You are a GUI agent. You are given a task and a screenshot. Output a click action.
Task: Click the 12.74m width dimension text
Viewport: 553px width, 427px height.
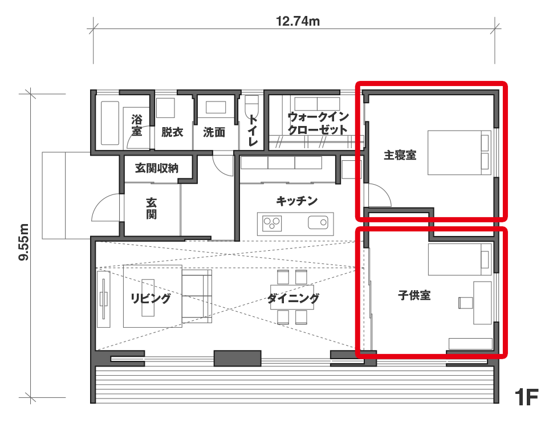tap(298, 21)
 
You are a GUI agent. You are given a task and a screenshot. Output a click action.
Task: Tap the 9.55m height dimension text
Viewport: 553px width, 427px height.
tap(23, 242)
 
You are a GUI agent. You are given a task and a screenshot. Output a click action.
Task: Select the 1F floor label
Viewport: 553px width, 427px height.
tap(527, 397)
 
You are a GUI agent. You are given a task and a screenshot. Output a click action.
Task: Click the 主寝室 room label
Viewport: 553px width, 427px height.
tap(400, 155)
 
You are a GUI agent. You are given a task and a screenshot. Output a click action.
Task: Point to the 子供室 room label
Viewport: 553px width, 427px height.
tap(414, 295)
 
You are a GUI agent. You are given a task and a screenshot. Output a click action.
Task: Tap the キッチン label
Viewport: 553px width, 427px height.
tap(296, 201)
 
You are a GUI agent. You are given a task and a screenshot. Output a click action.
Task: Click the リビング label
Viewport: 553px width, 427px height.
tap(151, 298)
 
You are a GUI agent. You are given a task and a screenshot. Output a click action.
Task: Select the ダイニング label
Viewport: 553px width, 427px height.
tap(293, 299)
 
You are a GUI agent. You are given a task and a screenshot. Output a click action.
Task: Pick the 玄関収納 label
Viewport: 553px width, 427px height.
tap(157, 168)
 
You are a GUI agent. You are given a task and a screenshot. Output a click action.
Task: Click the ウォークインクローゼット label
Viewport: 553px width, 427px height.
tap(318, 123)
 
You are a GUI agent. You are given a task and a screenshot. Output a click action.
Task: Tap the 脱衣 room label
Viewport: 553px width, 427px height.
tap(172, 132)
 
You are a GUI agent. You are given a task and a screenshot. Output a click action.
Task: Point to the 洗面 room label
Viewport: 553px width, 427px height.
tap(214, 132)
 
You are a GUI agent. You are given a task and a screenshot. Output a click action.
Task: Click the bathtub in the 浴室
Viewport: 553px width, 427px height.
tap(109, 123)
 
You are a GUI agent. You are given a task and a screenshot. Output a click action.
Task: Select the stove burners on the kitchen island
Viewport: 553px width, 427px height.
tap(272, 223)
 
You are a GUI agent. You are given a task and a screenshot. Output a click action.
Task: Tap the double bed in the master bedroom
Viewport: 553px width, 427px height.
tap(459, 152)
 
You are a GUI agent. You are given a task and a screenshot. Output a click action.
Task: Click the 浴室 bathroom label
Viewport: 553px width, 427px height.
tap(136, 125)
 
